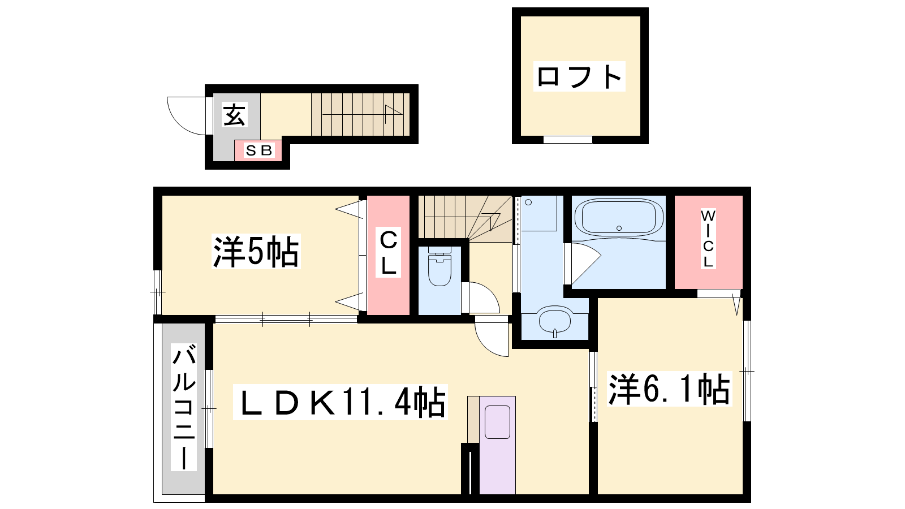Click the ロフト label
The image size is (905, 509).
(579, 76)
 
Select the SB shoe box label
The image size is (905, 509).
(258, 150)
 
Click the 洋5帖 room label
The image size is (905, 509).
(256, 251)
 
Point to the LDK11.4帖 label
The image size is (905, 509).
(340, 402)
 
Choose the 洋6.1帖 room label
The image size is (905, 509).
(669, 389)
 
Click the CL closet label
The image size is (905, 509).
(388, 252)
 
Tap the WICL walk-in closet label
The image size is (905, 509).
(708, 238)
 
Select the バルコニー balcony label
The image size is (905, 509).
(184, 407)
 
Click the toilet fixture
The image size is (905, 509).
(439, 266)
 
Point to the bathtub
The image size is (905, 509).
(619, 218)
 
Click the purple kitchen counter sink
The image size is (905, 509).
(497, 422)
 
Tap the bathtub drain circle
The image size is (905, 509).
(619, 228)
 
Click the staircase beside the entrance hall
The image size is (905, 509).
(360, 114)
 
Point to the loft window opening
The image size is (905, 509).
(568, 140)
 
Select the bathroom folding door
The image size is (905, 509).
(584, 262)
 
